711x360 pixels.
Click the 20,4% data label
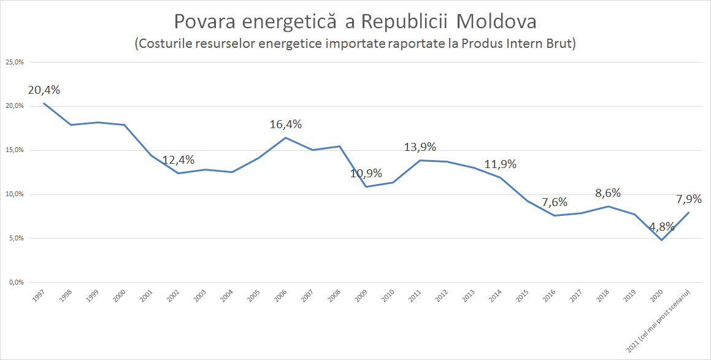pos(44,90)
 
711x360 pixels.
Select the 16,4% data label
pos(286,124)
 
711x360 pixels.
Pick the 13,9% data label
pos(420,147)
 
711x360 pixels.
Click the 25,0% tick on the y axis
pos(14,62)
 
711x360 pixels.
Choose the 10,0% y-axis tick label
pos(14,194)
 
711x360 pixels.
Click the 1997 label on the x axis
pos(37,297)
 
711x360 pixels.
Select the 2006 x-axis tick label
pos(280,297)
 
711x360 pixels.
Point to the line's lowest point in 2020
pos(662,240)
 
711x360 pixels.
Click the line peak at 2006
pos(286,137)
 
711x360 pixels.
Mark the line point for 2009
pos(366,186)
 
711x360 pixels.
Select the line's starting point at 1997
pos(44,102)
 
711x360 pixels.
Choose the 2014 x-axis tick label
pos(495,297)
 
